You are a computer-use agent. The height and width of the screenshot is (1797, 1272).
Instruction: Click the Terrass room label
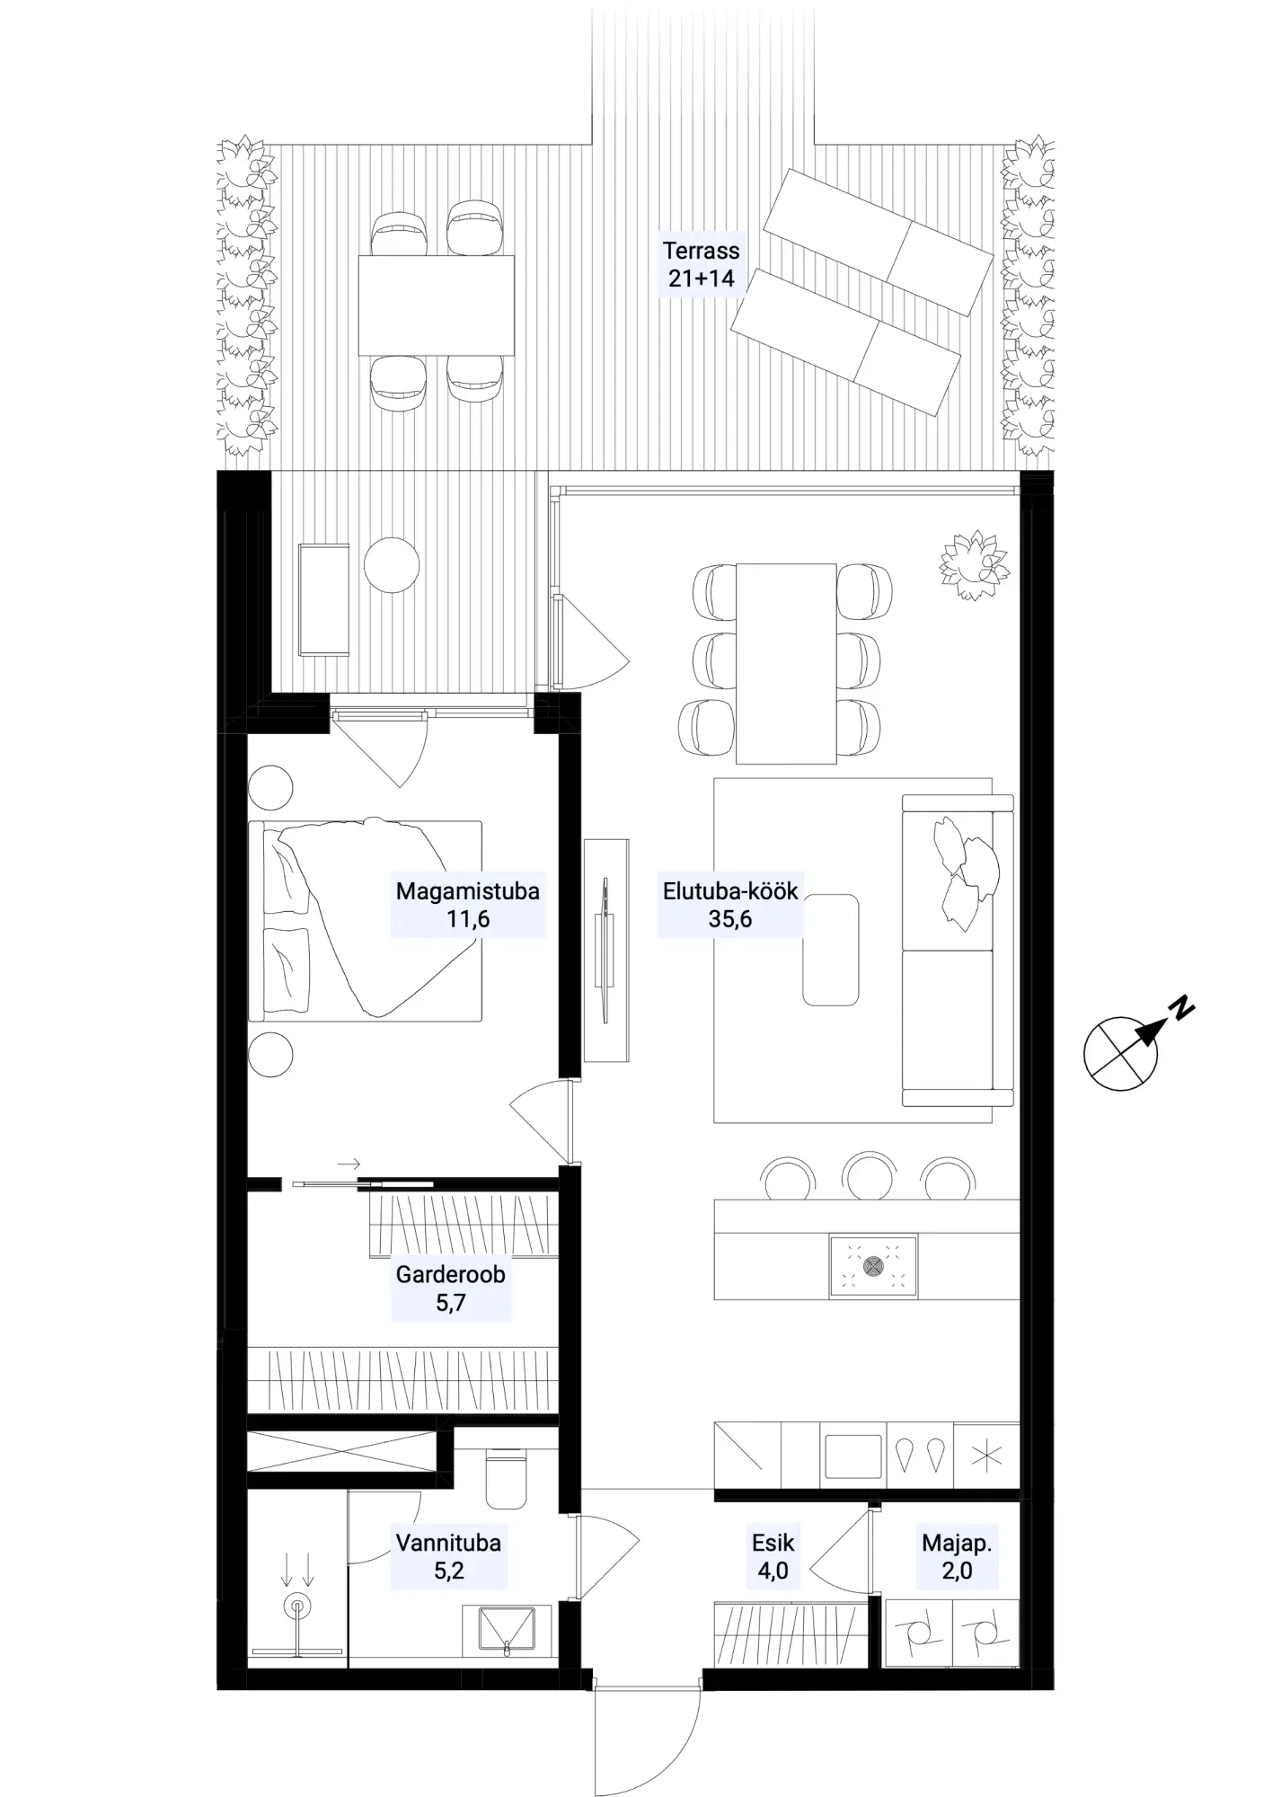pos(701,251)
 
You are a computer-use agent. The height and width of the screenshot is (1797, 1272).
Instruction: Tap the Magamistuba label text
pos(468,891)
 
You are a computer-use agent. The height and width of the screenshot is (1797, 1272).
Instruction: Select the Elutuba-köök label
pos(730,891)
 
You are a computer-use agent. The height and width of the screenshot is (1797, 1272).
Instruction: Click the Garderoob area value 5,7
pos(450,1303)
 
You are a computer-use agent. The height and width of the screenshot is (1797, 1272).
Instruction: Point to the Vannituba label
pos(448,1544)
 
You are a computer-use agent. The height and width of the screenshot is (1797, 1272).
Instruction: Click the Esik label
pos(773,1544)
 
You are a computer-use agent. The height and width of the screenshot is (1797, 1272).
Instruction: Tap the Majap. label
pos(957,1545)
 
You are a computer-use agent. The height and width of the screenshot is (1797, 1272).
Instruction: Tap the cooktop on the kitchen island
pos(873,1267)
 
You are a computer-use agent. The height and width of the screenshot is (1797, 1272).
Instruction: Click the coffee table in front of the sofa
pos(831,950)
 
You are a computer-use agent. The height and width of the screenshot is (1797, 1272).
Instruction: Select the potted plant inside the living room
pos(974,565)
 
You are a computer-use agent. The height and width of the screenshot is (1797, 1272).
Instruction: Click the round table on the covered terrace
pos(392,564)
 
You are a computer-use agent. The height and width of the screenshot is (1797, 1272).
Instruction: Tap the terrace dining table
pos(437,305)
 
